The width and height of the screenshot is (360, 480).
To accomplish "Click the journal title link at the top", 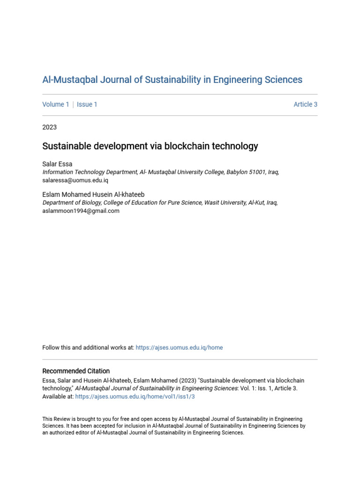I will (172, 80).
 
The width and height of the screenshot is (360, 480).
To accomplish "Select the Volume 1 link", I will (56, 105).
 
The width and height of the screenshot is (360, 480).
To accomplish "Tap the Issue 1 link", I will (87, 105).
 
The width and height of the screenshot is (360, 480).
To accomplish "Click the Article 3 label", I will (305, 105).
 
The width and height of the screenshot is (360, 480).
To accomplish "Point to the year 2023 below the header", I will (49, 127).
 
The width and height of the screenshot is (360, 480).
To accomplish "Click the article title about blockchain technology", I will (150, 146).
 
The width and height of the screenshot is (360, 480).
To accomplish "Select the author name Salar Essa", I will (57, 164).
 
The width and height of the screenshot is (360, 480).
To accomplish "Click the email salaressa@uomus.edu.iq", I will (75, 180).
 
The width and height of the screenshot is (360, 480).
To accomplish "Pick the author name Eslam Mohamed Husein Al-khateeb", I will (93, 195).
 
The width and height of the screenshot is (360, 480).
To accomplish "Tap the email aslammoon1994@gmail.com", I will (81, 211).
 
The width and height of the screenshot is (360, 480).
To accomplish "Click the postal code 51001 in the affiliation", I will (257, 172).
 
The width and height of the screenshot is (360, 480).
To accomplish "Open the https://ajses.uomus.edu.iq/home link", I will (179, 348).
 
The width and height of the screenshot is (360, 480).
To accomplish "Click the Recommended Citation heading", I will (76, 371).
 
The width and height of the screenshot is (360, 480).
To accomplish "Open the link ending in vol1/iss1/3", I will (135, 397).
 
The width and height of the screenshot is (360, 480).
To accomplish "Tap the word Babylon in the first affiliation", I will (237, 172).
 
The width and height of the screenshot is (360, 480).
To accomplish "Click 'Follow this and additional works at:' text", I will (88, 348).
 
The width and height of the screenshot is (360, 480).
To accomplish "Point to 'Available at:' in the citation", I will (58, 397).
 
